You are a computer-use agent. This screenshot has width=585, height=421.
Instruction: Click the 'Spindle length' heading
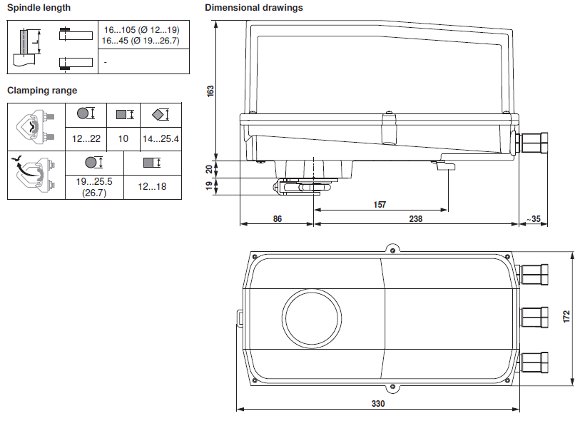tap(39, 8)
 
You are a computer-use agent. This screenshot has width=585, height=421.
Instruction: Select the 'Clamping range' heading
tap(42, 91)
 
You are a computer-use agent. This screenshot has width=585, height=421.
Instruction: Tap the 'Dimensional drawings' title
tap(254, 8)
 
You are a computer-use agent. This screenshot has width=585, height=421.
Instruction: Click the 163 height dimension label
tap(210, 91)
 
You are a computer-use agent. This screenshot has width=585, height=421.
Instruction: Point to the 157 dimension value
tap(380, 205)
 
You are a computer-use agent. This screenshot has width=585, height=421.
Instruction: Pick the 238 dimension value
tap(416, 219)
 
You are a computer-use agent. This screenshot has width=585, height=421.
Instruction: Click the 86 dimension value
tap(278, 219)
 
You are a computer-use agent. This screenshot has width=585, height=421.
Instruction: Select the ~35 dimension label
tap(534, 219)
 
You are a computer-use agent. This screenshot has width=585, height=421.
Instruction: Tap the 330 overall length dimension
tap(378, 403)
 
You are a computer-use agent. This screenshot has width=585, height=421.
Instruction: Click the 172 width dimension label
tap(566, 317)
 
